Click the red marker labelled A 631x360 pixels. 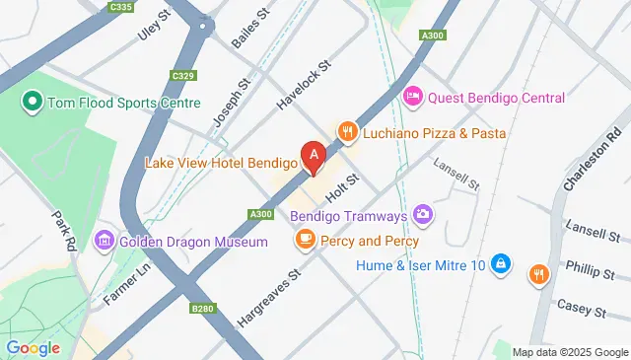point(315,157)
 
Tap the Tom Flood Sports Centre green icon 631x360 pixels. point(32,102)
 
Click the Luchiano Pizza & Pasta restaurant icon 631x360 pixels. point(347,132)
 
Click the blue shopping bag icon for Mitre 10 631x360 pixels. point(502,263)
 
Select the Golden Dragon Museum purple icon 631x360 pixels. point(104,242)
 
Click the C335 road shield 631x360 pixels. point(122,7)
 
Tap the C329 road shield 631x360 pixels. point(181,76)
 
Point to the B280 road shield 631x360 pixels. point(202,309)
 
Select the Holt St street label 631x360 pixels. point(341,184)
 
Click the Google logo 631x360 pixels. point(33,347)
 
